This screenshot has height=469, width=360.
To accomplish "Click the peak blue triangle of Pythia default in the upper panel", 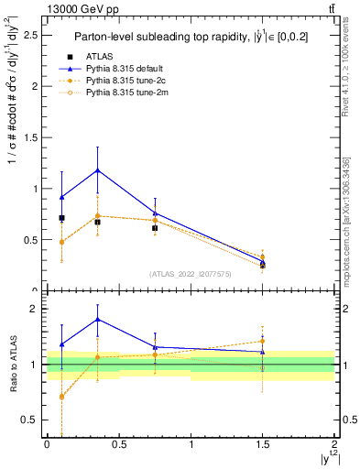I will [x=97, y=170].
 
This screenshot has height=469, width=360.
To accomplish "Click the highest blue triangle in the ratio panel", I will [x=97, y=320].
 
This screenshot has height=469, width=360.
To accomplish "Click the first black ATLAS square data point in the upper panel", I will [x=61, y=218].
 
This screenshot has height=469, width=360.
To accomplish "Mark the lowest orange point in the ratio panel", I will [x=61, y=397].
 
